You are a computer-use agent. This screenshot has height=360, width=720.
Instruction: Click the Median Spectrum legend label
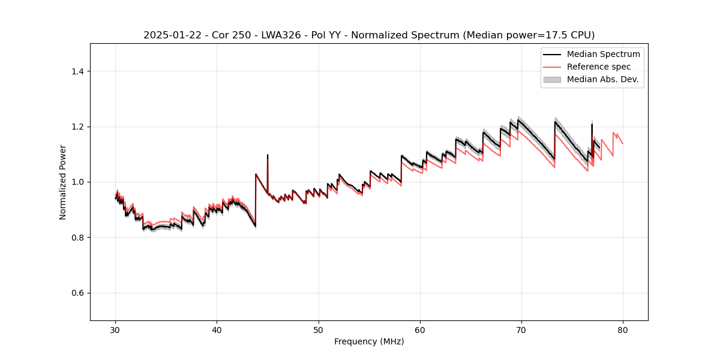(x=603, y=54)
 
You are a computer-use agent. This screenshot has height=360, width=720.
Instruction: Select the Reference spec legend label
(x=599, y=67)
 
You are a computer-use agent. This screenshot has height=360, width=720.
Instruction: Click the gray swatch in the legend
(x=552, y=79)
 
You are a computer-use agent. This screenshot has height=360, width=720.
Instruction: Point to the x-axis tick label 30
(x=116, y=329)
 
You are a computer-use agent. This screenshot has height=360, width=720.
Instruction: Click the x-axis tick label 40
(x=217, y=329)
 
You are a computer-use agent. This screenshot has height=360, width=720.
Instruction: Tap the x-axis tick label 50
(x=319, y=329)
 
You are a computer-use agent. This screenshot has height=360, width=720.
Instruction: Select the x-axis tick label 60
(x=420, y=329)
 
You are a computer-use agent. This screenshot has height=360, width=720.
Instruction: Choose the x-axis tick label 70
(x=521, y=329)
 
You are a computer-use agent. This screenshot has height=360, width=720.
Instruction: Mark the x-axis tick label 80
(x=623, y=329)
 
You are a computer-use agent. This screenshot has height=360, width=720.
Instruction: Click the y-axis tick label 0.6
(x=77, y=293)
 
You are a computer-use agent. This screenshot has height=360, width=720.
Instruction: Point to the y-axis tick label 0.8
(x=77, y=238)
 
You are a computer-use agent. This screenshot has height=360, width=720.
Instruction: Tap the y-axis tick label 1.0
(x=77, y=182)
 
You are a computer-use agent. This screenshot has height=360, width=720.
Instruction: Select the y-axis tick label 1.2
(x=77, y=127)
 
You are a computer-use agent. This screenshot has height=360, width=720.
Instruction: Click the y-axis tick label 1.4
(x=77, y=71)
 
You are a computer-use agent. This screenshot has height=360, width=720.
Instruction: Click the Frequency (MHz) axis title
(x=369, y=341)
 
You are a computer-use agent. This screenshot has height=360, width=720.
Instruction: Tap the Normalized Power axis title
(x=63, y=182)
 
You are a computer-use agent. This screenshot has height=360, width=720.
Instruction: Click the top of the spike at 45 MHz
(x=268, y=155)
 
